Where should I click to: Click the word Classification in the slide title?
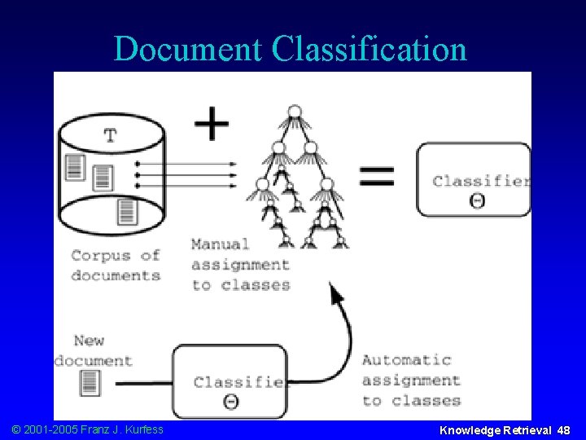coord(370,49)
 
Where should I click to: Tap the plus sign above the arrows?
coord(212,125)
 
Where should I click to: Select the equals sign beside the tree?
coord(376,176)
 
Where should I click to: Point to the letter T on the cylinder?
coord(110,135)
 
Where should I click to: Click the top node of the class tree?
coord(294,111)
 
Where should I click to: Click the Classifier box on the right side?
coord(474,180)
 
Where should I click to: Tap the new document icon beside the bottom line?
coord(90,381)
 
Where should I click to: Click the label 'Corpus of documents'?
coord(116,265)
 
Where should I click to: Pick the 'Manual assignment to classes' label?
coord(241,264)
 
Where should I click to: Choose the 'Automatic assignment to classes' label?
coord(411,380)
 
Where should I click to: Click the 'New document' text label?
coord(93,350)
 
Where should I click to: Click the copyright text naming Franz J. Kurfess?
coord(85,429)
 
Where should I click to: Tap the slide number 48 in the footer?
coord(563,429)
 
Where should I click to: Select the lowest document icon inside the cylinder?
coord(126,210)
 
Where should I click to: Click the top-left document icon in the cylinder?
coord(75,167)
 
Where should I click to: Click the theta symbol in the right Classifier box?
coord(478,200)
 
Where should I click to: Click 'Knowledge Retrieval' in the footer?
coord(496,429)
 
